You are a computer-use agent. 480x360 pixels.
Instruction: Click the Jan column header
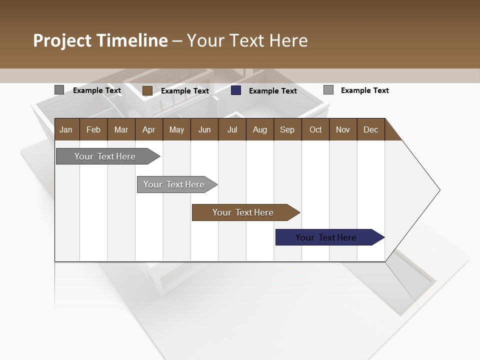pyautogui.click(x=66, y=129)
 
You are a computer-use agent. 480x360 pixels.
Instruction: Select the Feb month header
pyautogui.click(x=93, y=129)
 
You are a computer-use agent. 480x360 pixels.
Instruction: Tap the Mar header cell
pyautogui.click(x=121, y=129)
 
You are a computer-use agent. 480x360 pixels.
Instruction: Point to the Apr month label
pyautogui.click(x=148, y=129)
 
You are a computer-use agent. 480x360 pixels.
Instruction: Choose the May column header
pyautogui.click(x=176, y=129)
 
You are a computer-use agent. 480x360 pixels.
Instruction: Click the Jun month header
pyautogui.click(x=204, y=129)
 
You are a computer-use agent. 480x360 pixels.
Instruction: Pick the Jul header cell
pyautogui.click(x=232, y=129)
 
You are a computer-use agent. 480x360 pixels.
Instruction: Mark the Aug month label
pyautogui.click(x=259, y=129)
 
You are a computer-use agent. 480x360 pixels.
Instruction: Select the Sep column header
pyautogui.click(x=287, y=129)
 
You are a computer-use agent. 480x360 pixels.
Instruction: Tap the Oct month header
pyautogui.click(x=315, y=129)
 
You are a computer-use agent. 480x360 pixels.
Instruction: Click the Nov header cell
pyautogui.click(x=343, y=129)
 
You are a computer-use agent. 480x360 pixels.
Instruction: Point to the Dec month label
pyautogui.click(x=370, y=129)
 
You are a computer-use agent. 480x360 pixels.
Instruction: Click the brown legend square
pyautogui.click(x=147, y=90)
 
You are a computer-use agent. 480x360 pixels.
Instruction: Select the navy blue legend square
pyautogui.click(x=236, y=90)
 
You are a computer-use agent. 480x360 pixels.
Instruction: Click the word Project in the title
pyautogui.click(x=63, y=40)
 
